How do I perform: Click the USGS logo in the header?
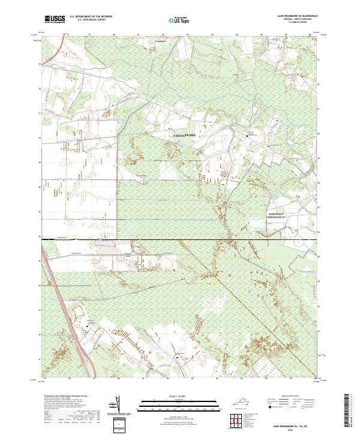click(55, 19)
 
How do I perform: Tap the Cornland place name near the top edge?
click(160, 41)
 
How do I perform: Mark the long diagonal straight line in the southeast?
click(252, 300)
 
